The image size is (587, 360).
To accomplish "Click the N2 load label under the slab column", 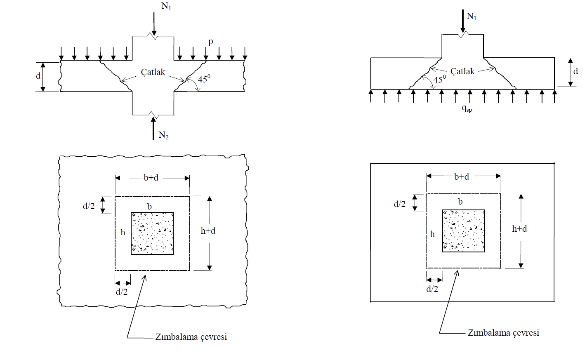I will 163,135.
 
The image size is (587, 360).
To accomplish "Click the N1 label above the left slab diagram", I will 166,6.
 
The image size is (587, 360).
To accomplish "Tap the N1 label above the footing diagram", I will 471,16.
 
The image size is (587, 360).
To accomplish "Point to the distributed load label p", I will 210,42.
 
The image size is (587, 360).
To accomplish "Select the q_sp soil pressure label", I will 467,108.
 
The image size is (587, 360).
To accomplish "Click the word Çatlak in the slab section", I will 153,72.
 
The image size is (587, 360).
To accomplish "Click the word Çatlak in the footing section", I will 462,71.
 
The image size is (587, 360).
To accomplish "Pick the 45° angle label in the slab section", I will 204,79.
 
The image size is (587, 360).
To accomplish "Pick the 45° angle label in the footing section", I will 439,79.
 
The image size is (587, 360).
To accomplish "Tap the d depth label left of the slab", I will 38,76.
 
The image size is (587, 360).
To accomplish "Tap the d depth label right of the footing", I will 575,71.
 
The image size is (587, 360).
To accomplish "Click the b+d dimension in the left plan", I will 151,178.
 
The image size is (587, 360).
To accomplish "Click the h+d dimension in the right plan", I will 519,229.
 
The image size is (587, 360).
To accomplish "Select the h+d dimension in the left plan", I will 208,231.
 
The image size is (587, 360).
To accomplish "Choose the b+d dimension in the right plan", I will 462,177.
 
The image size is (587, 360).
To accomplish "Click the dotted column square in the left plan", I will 152,233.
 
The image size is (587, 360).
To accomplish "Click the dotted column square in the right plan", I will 464,231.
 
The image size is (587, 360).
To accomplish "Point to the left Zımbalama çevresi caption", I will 191,337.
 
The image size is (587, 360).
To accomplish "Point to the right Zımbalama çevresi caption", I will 503,333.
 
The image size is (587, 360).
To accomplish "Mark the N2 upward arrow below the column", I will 153,128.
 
